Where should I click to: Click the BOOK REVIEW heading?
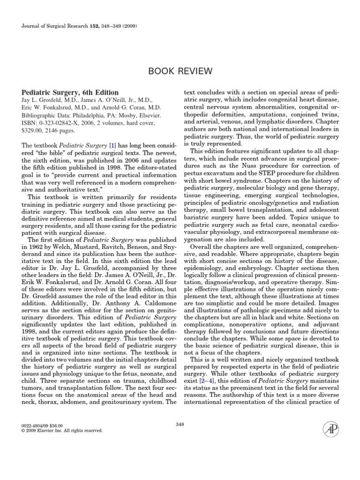[x=180, y=71]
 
